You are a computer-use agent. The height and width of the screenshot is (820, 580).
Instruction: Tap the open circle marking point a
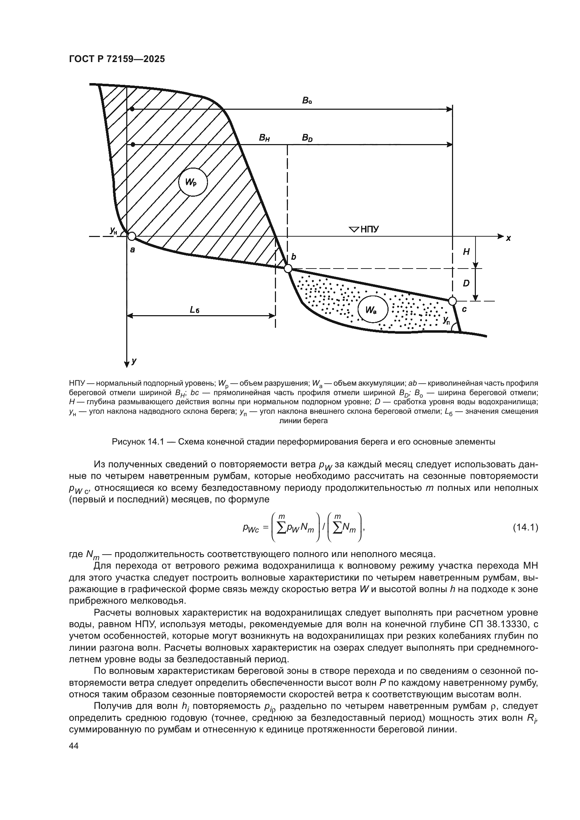[131, 236]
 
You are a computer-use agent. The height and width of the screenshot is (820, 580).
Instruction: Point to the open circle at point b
[288, 268]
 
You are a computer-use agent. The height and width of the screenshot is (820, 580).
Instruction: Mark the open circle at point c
[452, 301]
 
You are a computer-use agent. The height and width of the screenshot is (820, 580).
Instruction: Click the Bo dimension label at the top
[307, 101]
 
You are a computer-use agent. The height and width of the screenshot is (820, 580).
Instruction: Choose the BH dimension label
[264, 138]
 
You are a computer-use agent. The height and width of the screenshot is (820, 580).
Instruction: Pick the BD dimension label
[307, 137]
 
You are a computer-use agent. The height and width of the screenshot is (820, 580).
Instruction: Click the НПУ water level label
[370, 229]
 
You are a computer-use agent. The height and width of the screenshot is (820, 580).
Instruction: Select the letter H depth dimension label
[466, 252]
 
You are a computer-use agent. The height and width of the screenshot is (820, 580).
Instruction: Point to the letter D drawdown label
[466, 284]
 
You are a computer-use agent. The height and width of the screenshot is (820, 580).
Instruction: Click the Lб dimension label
[195, 310]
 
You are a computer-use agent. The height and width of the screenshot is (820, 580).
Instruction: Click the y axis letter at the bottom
[134, 361]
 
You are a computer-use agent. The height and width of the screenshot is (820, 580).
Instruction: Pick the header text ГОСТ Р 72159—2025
[117, 59]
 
